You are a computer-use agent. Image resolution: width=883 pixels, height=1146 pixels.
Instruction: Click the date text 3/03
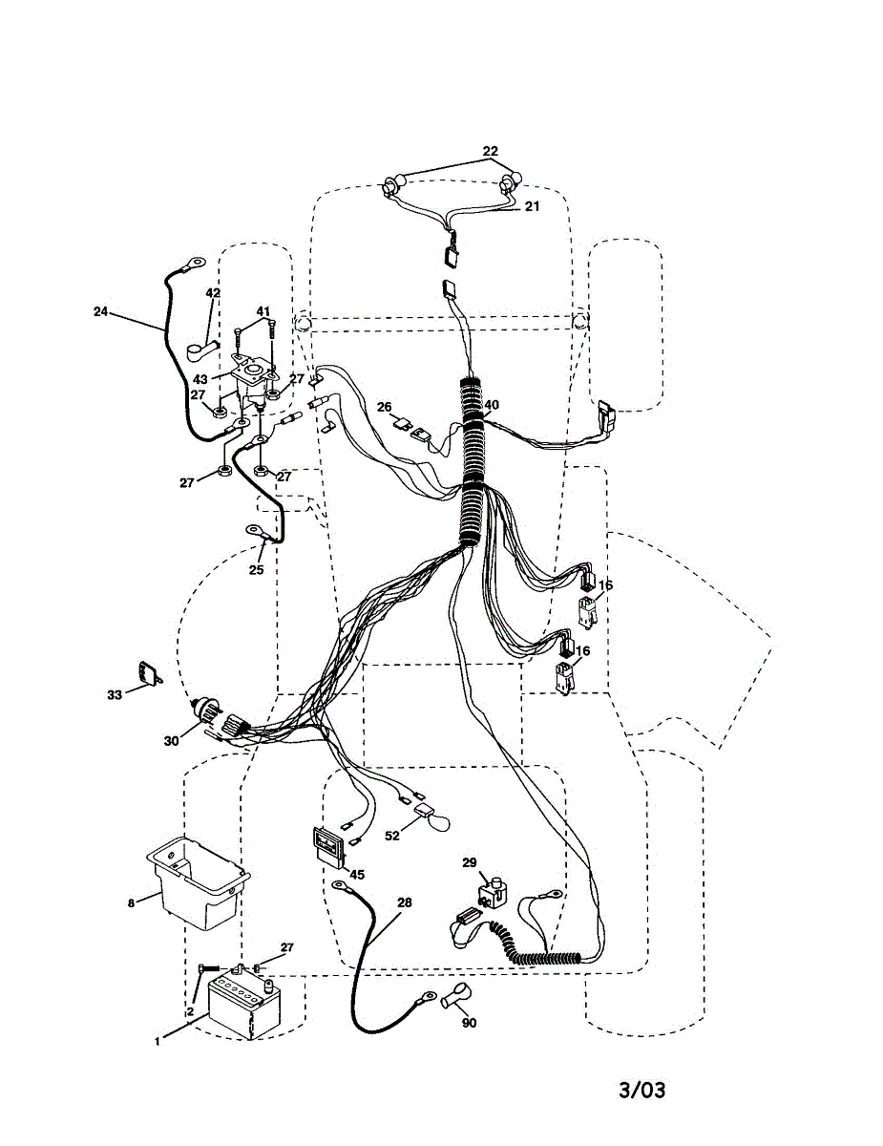coord(641,1090)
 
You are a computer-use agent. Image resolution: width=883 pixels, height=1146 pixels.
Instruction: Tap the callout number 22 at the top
coord(490,152)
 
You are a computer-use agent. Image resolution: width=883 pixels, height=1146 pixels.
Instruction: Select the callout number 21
coord(532,206)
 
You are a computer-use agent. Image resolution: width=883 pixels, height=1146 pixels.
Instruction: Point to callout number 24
coord(101,311)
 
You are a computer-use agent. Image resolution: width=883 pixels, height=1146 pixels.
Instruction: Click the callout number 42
coord(213,293)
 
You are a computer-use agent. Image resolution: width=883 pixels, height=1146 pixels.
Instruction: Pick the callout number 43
coord(200,379)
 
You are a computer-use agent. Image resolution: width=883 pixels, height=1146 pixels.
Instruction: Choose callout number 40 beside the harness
coord(491,405)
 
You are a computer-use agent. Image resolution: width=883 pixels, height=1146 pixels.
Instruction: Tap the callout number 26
coord(385,407)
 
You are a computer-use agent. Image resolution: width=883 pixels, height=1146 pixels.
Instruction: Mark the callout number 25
coord(256,570)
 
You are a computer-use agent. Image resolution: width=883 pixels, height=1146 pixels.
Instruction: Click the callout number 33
coord(115,695)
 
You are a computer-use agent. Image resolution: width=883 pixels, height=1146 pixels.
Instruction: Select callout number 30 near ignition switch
coord(171,739)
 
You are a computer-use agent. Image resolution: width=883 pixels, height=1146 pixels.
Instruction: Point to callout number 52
coord(391,836)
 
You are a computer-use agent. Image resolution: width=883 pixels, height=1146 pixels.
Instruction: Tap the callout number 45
coord(356,874)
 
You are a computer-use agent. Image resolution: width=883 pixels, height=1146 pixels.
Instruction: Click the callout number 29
coord(469,862)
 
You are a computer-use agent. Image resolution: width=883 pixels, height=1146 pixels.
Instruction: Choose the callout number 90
coord(468,1023)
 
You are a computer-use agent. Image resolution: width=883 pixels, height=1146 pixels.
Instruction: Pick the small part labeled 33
coord(147,673)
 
